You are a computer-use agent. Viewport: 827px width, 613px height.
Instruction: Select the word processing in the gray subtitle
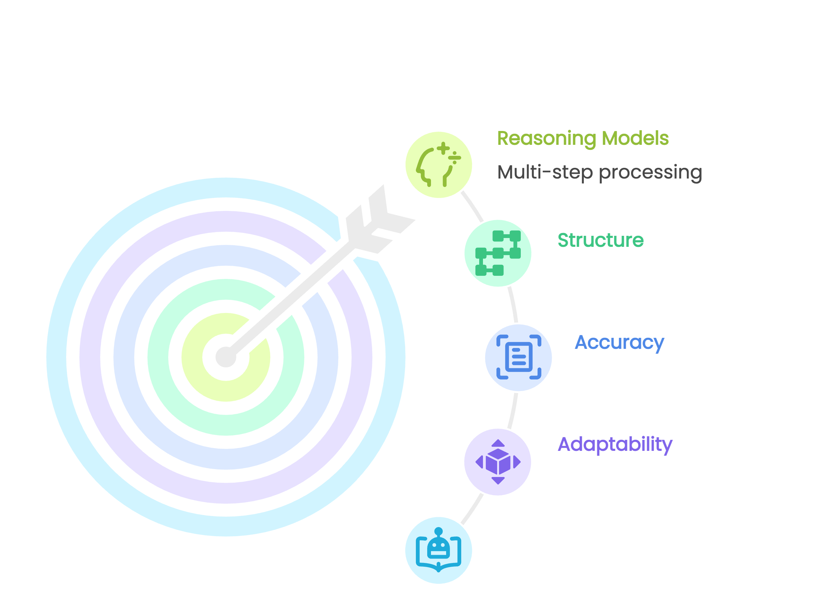pyautogui.click(x=650, y=173)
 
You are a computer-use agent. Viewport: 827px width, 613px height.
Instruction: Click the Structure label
pyautogui.click(x=600, y=240)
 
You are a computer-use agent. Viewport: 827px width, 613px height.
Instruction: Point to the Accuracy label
pyautogui.click(x=619, y=343)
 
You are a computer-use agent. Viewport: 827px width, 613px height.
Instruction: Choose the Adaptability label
pyautogui.click(x=615, y=444)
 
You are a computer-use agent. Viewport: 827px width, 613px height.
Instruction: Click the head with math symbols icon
pyautogui.click(x=439, y=165)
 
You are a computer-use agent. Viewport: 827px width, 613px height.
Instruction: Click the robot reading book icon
pyautogui.click(x=439, y=550)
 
